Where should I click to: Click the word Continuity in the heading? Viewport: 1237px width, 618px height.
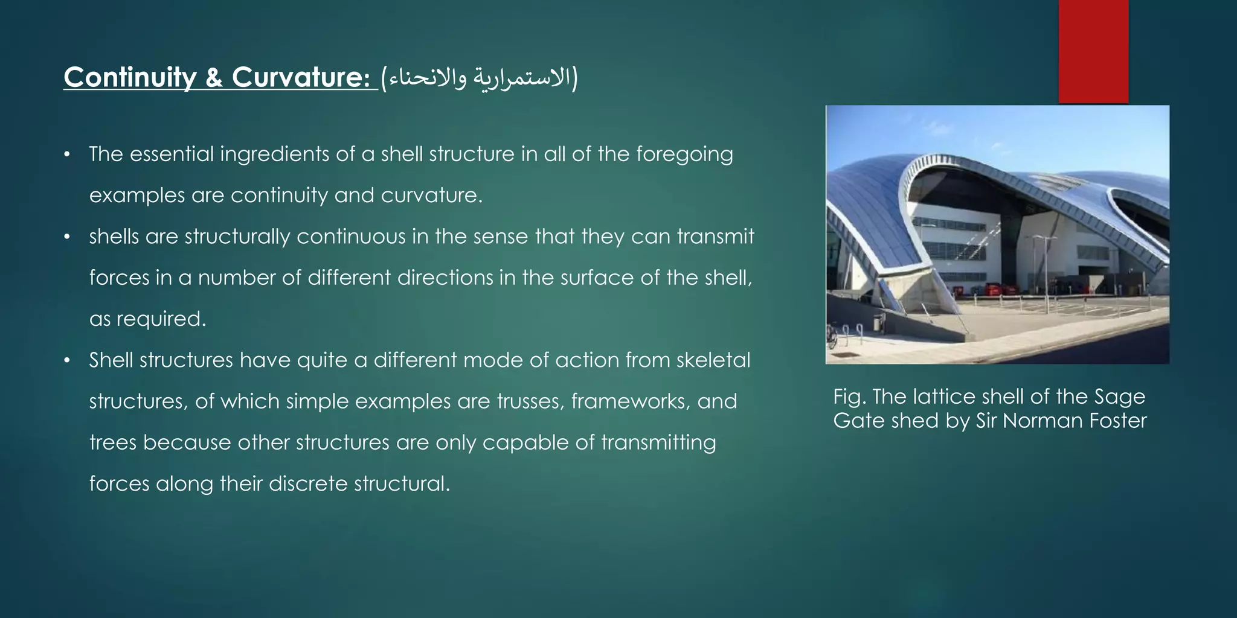click(x=130, y=77)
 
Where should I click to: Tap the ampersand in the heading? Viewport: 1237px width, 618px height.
click(x=214, y=78)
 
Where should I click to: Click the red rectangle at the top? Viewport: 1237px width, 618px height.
click(x=1093, y=51)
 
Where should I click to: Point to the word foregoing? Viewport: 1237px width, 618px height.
click(x=684, y=154)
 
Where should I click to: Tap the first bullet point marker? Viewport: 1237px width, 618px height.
click(x=68, y=154)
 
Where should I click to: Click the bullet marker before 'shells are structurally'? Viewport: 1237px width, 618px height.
click(x=68, y=237)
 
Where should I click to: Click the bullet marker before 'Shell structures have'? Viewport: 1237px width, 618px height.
click(x=68, y=360)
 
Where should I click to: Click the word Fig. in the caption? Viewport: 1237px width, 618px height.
click(x=849, y=397)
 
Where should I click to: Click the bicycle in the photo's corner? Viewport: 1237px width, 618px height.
click(x=832, y=337)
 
